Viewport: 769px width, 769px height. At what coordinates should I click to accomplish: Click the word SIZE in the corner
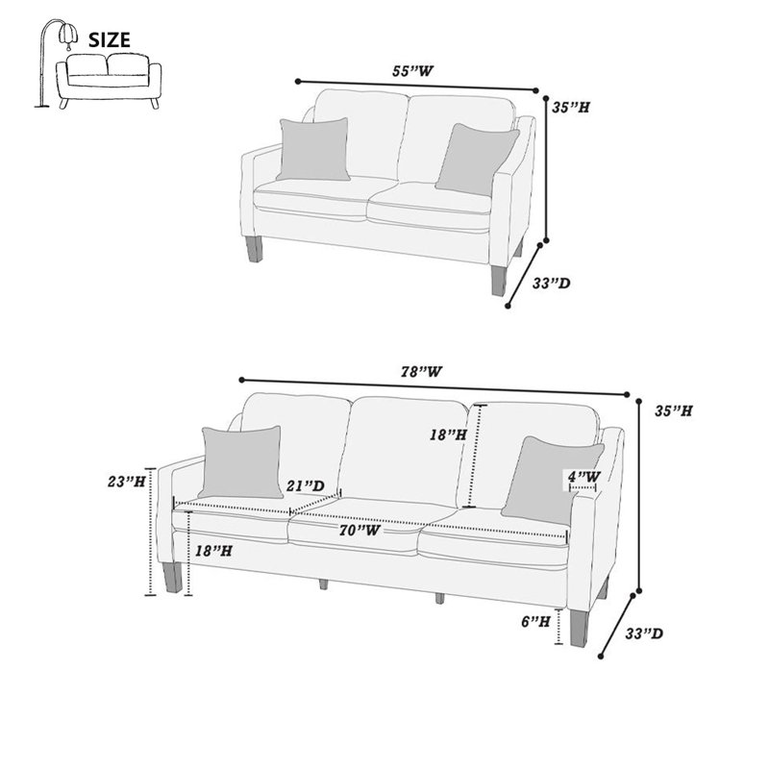click(109, 39)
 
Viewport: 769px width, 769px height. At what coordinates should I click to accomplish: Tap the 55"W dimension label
click(412, 71)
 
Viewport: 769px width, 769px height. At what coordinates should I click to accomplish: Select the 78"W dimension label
click(421, 372)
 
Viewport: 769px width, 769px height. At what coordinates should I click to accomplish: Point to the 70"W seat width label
click(360, 531)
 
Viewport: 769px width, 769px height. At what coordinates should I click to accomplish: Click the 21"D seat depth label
click(306, 486)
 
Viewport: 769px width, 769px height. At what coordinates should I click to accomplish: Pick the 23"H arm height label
click(127, 482)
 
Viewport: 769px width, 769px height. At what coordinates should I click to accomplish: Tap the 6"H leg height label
click(535, 622)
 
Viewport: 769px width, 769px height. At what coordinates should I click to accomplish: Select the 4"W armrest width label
click(584, 476)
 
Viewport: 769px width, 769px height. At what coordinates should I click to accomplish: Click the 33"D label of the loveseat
click(551, 283)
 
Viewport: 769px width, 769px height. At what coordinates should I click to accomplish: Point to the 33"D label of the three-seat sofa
click(643, 633)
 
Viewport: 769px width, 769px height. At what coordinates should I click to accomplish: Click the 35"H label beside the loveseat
click(570, 108)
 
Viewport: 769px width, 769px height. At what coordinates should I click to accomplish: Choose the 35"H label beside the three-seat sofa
click(674, 411)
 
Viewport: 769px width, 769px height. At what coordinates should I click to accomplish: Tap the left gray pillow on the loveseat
click(313, 149)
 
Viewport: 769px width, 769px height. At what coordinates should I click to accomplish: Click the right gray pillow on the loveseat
click(477, 159)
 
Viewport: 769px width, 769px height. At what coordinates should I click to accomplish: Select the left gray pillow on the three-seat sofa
click(241, 462)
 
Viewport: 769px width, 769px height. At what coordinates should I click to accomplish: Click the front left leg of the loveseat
click(255, 249)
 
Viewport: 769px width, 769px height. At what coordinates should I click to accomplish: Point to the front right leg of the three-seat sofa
click(579, 628)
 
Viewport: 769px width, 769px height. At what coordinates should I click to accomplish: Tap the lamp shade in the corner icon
click(68, 34)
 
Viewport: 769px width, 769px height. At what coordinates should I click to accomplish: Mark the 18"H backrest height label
click(448, 434)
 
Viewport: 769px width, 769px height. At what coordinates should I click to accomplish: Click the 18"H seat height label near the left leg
click(213, 551)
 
